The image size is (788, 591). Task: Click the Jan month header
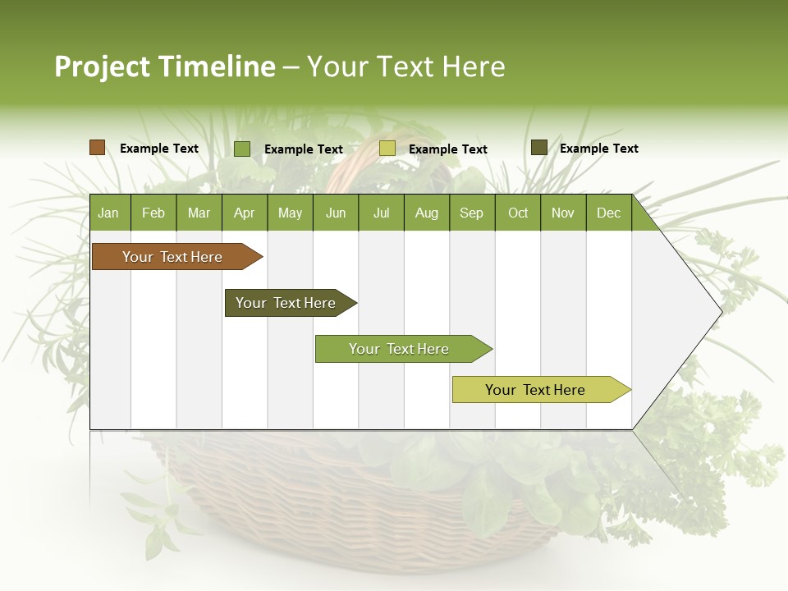pos(108,213)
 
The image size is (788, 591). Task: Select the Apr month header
pos(244,213)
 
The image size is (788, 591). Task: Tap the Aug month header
pos(426,213)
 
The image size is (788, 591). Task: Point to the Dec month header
pos(608,213)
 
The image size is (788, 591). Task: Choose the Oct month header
pos(518,213)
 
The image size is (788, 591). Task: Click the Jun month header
pos(336,213)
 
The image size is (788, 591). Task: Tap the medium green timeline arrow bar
pos(400,349)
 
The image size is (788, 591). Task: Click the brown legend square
pos(97,148)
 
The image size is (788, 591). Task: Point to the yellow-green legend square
pos(387,149)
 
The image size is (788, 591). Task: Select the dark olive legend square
pos(538,148)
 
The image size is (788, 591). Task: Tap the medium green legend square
pos(242,149)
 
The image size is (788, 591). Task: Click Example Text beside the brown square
pos(159,149)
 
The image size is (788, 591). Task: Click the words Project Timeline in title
pos(165,66)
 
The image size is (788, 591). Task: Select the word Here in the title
pos(474,66)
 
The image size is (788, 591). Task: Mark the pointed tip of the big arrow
pos(721,312)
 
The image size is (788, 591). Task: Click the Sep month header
pos(471,213)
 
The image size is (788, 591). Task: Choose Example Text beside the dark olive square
pos(598,149)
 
